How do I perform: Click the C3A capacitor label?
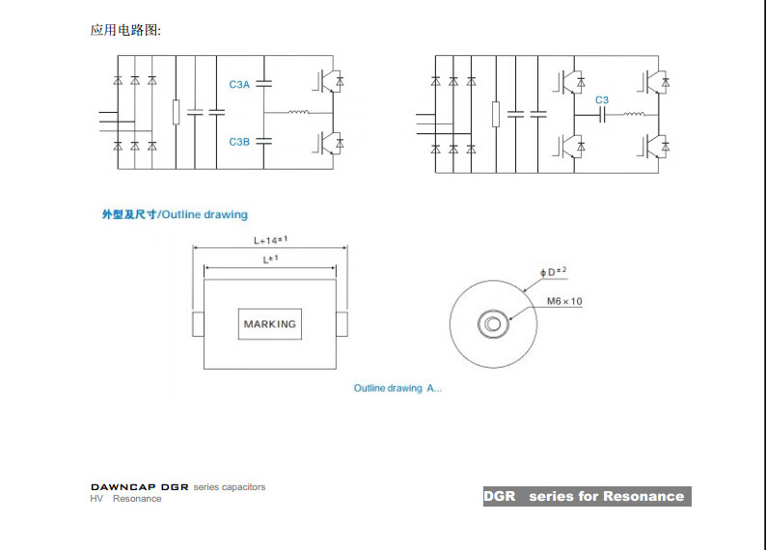tap(239, 85)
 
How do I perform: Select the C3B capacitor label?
tap(239, 142)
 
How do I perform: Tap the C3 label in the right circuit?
tap(602, 100)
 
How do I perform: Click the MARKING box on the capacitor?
tap(270, 324)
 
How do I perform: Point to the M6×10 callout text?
tap(564, 301)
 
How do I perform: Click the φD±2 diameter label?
tap(554, 271)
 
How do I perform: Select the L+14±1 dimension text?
tap(270, 240)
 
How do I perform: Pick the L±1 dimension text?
tap(270, 260)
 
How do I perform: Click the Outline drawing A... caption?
tap(397, 388)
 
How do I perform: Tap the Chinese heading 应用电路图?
tap(125, 30)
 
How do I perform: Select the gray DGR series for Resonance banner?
tap(588, 496)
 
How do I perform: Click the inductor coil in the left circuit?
tap(298, 112)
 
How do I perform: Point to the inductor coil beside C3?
tap(634, 114)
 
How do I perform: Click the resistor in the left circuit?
tap(176, 112)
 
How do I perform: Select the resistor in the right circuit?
tap(496, 114)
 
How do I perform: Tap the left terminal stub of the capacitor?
tap(198, 324)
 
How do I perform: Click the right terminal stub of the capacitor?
tap(342, 324)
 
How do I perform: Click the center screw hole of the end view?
tap(493, 324)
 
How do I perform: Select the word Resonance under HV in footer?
tap(137, 499)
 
